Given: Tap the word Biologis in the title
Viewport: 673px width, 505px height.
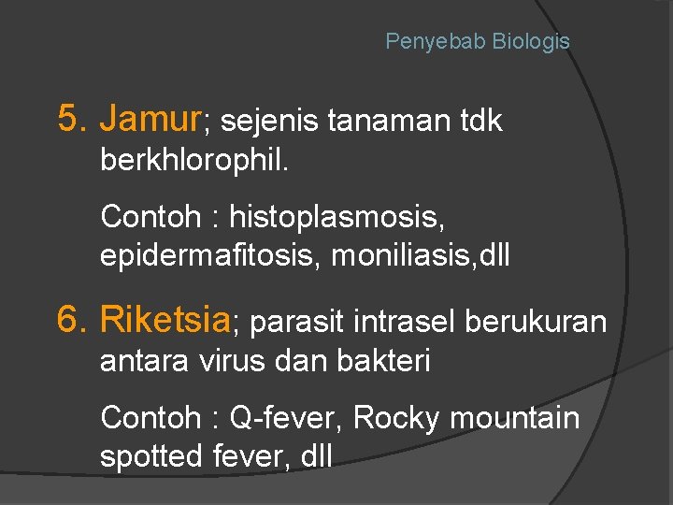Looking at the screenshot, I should [531, 42].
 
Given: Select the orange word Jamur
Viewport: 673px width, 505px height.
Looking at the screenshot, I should [150, 120].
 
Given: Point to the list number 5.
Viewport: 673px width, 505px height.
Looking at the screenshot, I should [73, 120].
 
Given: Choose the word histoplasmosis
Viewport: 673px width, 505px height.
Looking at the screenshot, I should [337, 217].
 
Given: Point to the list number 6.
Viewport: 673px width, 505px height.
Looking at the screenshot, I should [73, 321].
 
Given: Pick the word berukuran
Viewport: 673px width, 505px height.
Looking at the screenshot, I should [536, 322].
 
